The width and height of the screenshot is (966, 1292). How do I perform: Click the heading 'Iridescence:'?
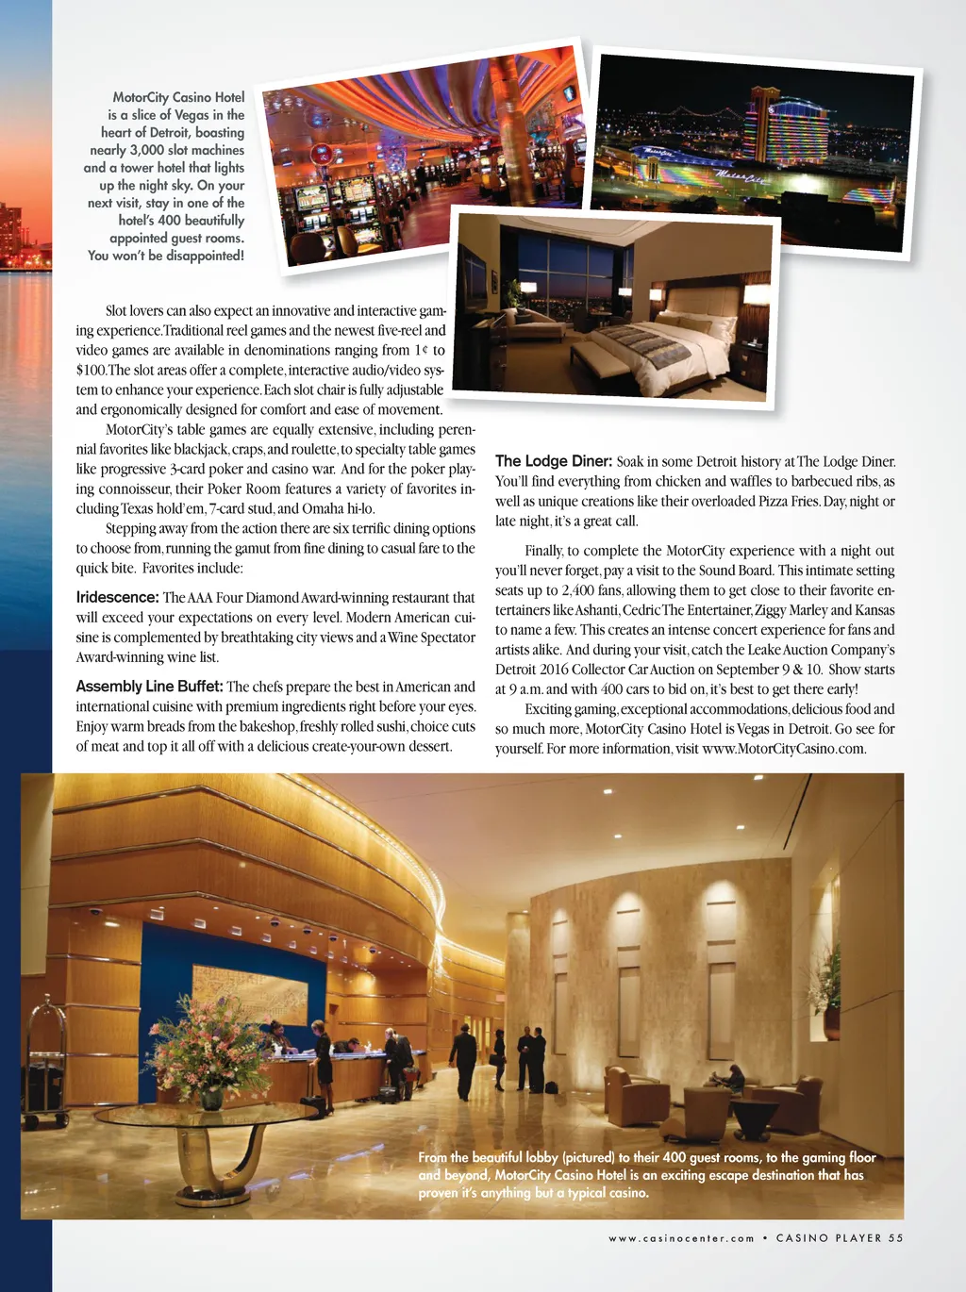pyautogui.click(x=117, y=597)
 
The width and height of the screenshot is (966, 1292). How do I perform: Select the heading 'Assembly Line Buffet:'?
pyautogui.click(x=149, y=687)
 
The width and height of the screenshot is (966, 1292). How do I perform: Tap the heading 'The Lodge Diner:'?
pyautogui.click(x=554, y=461)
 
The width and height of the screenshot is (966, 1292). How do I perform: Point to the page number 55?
pyautogui.click(x=895, y=1238)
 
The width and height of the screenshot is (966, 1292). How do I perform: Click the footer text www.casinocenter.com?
pyautogui.click(x=681, y=1238)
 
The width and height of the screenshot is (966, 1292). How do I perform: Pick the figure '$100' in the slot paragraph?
pyautogui.click(x=91, y=370)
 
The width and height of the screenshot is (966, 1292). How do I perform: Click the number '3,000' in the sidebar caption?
pyautogui.click(x=146, y=150)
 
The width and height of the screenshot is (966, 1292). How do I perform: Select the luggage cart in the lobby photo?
pyautogui.click(x=43, y=1066)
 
